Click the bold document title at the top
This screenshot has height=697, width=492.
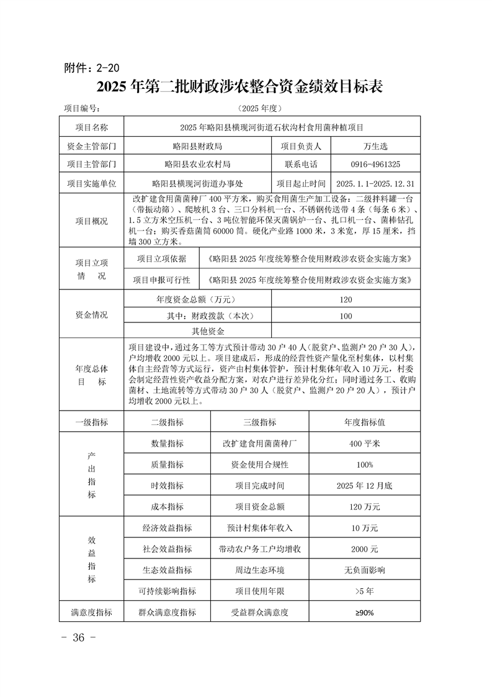pyautogui.click(x=239, y=87)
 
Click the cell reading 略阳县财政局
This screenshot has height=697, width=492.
pyautogui.click(x=198, y=147)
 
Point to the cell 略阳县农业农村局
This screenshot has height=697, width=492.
pyautogui.click(x=198, y=165)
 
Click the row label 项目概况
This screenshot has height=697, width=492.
pyautogui.click(x=91, y=221)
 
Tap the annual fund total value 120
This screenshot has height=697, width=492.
pyautogui.click(x=346, y=300)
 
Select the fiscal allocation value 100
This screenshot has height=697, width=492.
pyautogui.click(x=346, y=316)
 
